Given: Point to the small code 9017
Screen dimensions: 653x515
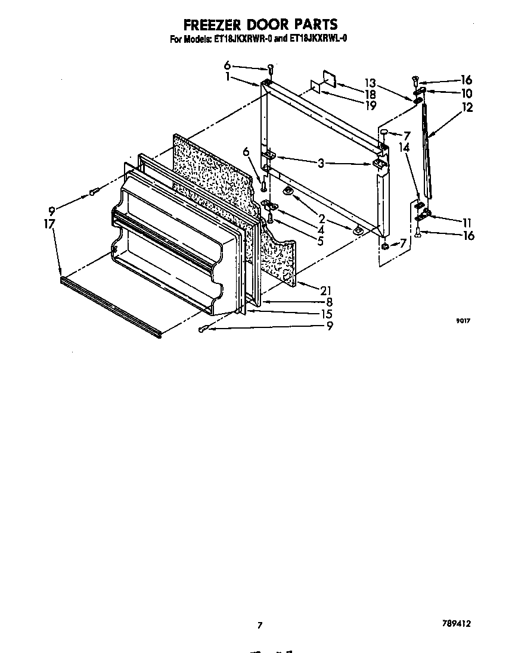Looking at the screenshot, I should [x=463, y=321].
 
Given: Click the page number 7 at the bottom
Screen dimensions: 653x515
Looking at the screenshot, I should [x=259, y=625].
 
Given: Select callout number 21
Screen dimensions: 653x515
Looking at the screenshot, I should [x=325, y=290].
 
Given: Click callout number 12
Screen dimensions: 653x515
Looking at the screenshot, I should [x=467, y=108].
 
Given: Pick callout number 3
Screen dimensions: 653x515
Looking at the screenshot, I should [x=321, y=163].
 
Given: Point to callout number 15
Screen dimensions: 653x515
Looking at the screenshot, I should [x=325, y=314].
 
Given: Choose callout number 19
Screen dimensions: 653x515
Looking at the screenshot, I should [x=371, y=106].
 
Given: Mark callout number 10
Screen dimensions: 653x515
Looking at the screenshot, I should [x=466, y=93].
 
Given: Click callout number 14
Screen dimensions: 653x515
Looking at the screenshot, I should [x=404, y=147].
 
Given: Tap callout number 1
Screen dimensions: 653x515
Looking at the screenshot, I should [x=228, y=76].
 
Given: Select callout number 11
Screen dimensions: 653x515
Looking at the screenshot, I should [x=467, y=222].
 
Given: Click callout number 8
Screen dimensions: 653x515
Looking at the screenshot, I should [x=328, y=302].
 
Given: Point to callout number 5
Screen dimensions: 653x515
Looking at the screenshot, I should [x=320, y=241].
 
